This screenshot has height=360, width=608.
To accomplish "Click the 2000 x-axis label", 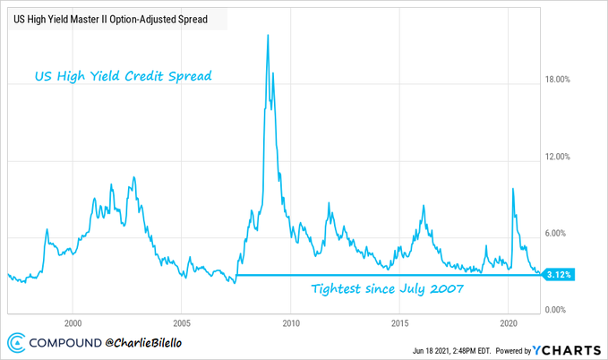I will [x=73, y=322].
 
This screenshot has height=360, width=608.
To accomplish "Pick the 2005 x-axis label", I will [x=182, y=322].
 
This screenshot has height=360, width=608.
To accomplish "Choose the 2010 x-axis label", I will [x=291, y=322].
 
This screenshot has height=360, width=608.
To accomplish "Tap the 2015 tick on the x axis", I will [x=399, y=322].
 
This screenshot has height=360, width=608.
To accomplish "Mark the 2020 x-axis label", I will [x=508, y=322].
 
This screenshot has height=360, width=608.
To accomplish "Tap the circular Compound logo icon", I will [x=16, y=343].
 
